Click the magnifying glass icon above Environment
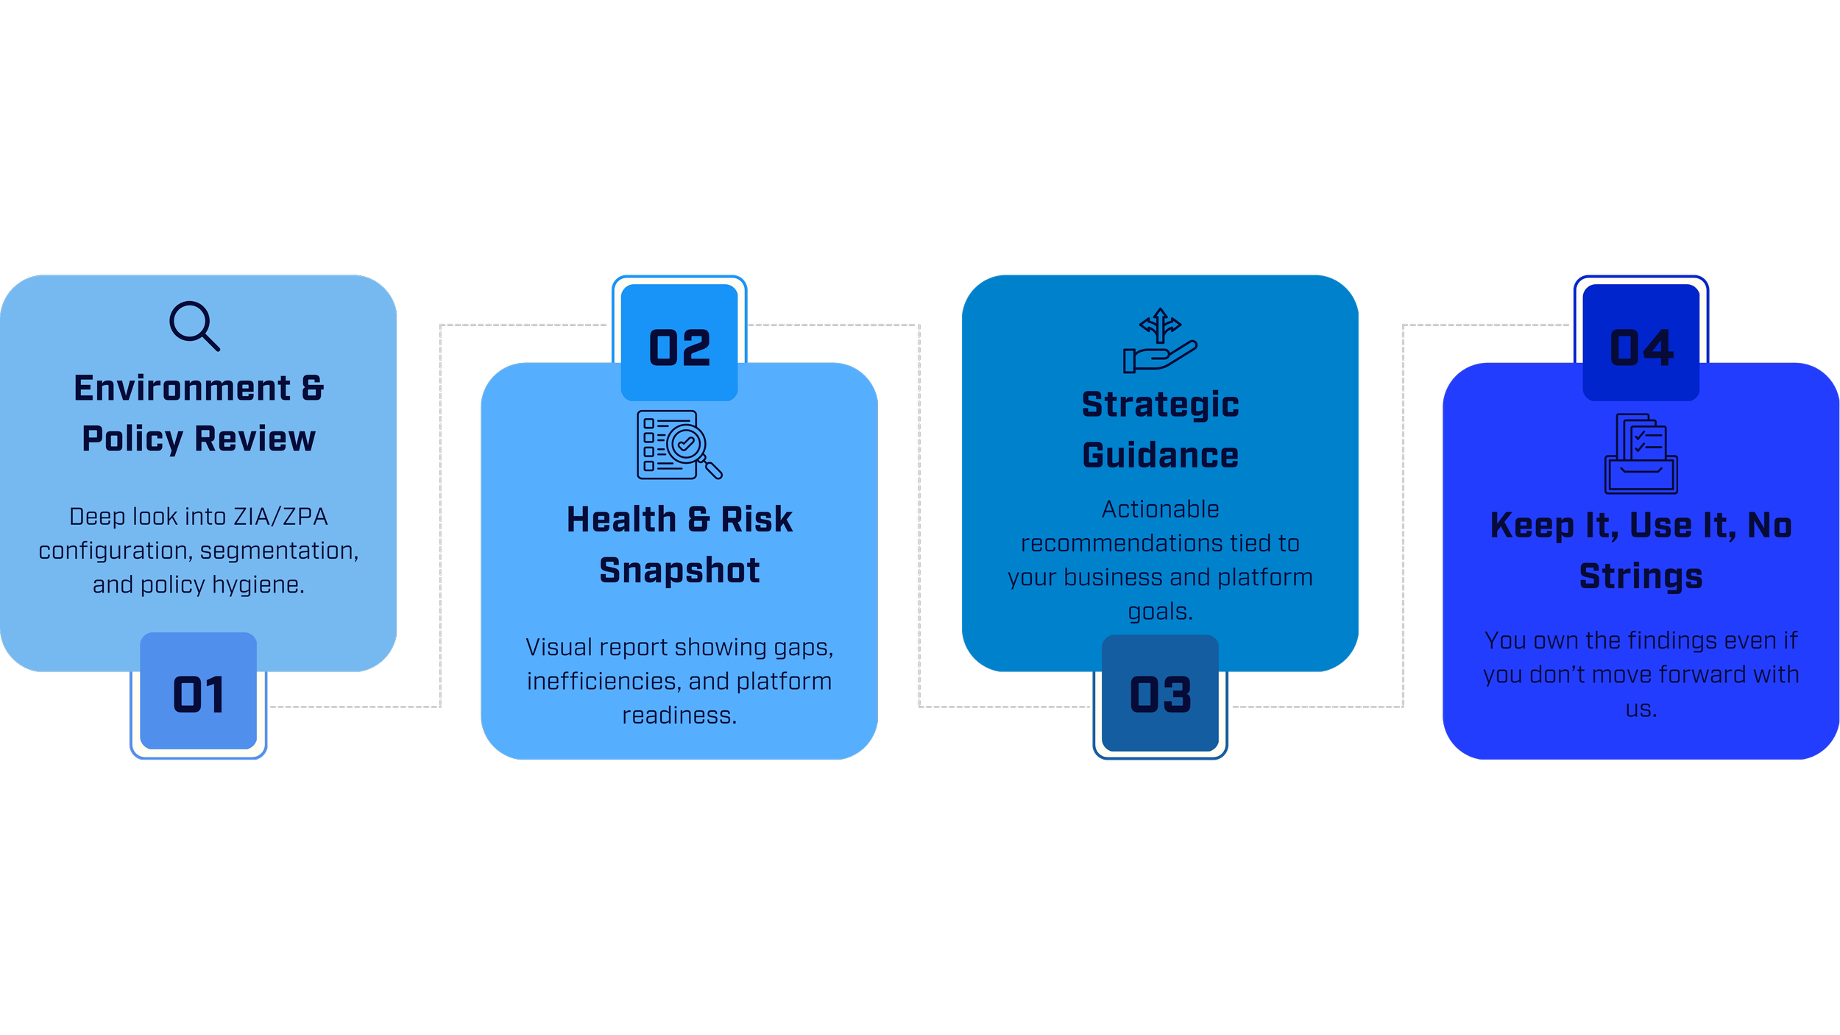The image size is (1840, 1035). point(194,325)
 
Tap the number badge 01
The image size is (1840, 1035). point(198,694)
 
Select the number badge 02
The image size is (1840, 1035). point(679,347)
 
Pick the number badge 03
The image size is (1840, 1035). point(1160,694)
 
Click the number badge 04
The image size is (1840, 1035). point(1641,347)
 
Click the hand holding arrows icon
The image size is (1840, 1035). point(1160,340)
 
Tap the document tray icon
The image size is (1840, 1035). point(1641,453)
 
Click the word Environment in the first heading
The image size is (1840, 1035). point(182,388)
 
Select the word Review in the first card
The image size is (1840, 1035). point(255,439)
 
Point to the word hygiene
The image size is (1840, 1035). point(258,584)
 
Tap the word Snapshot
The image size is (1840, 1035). point(679,571)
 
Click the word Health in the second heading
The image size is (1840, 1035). point(621,520)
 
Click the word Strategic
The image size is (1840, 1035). point(1160,405)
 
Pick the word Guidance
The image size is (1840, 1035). point(1160,456)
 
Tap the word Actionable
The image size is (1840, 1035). point(1160,509)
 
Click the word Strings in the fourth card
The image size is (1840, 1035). point(1641,576)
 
